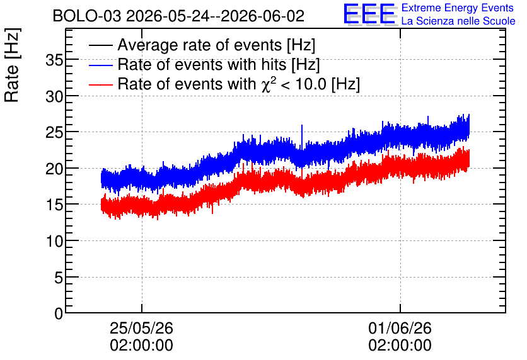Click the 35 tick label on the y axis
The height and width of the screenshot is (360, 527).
point(54,60)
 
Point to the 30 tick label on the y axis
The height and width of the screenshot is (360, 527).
point(54,97)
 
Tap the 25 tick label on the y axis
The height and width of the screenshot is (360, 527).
point(54,133)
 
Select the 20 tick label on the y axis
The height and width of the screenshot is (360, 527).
point(54,169)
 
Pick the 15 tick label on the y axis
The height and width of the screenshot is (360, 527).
point(54,205)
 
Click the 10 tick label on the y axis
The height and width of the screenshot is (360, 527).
point(54,241)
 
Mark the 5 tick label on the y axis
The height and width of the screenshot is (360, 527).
point(59,278)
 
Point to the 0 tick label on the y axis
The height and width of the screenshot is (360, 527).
point(59,313)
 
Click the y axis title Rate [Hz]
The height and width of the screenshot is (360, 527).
point(13,65)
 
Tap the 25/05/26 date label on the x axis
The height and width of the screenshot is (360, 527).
point(141,328)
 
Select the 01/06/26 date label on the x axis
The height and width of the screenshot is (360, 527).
point(400,328)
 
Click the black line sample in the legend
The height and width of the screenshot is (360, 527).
point(100,45)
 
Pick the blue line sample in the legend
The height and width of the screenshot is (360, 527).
point(100,65)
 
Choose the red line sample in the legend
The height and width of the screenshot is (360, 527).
point(100,84)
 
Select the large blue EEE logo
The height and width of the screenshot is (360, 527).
point(369,14)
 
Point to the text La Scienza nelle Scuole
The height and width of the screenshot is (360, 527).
point(458,21)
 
